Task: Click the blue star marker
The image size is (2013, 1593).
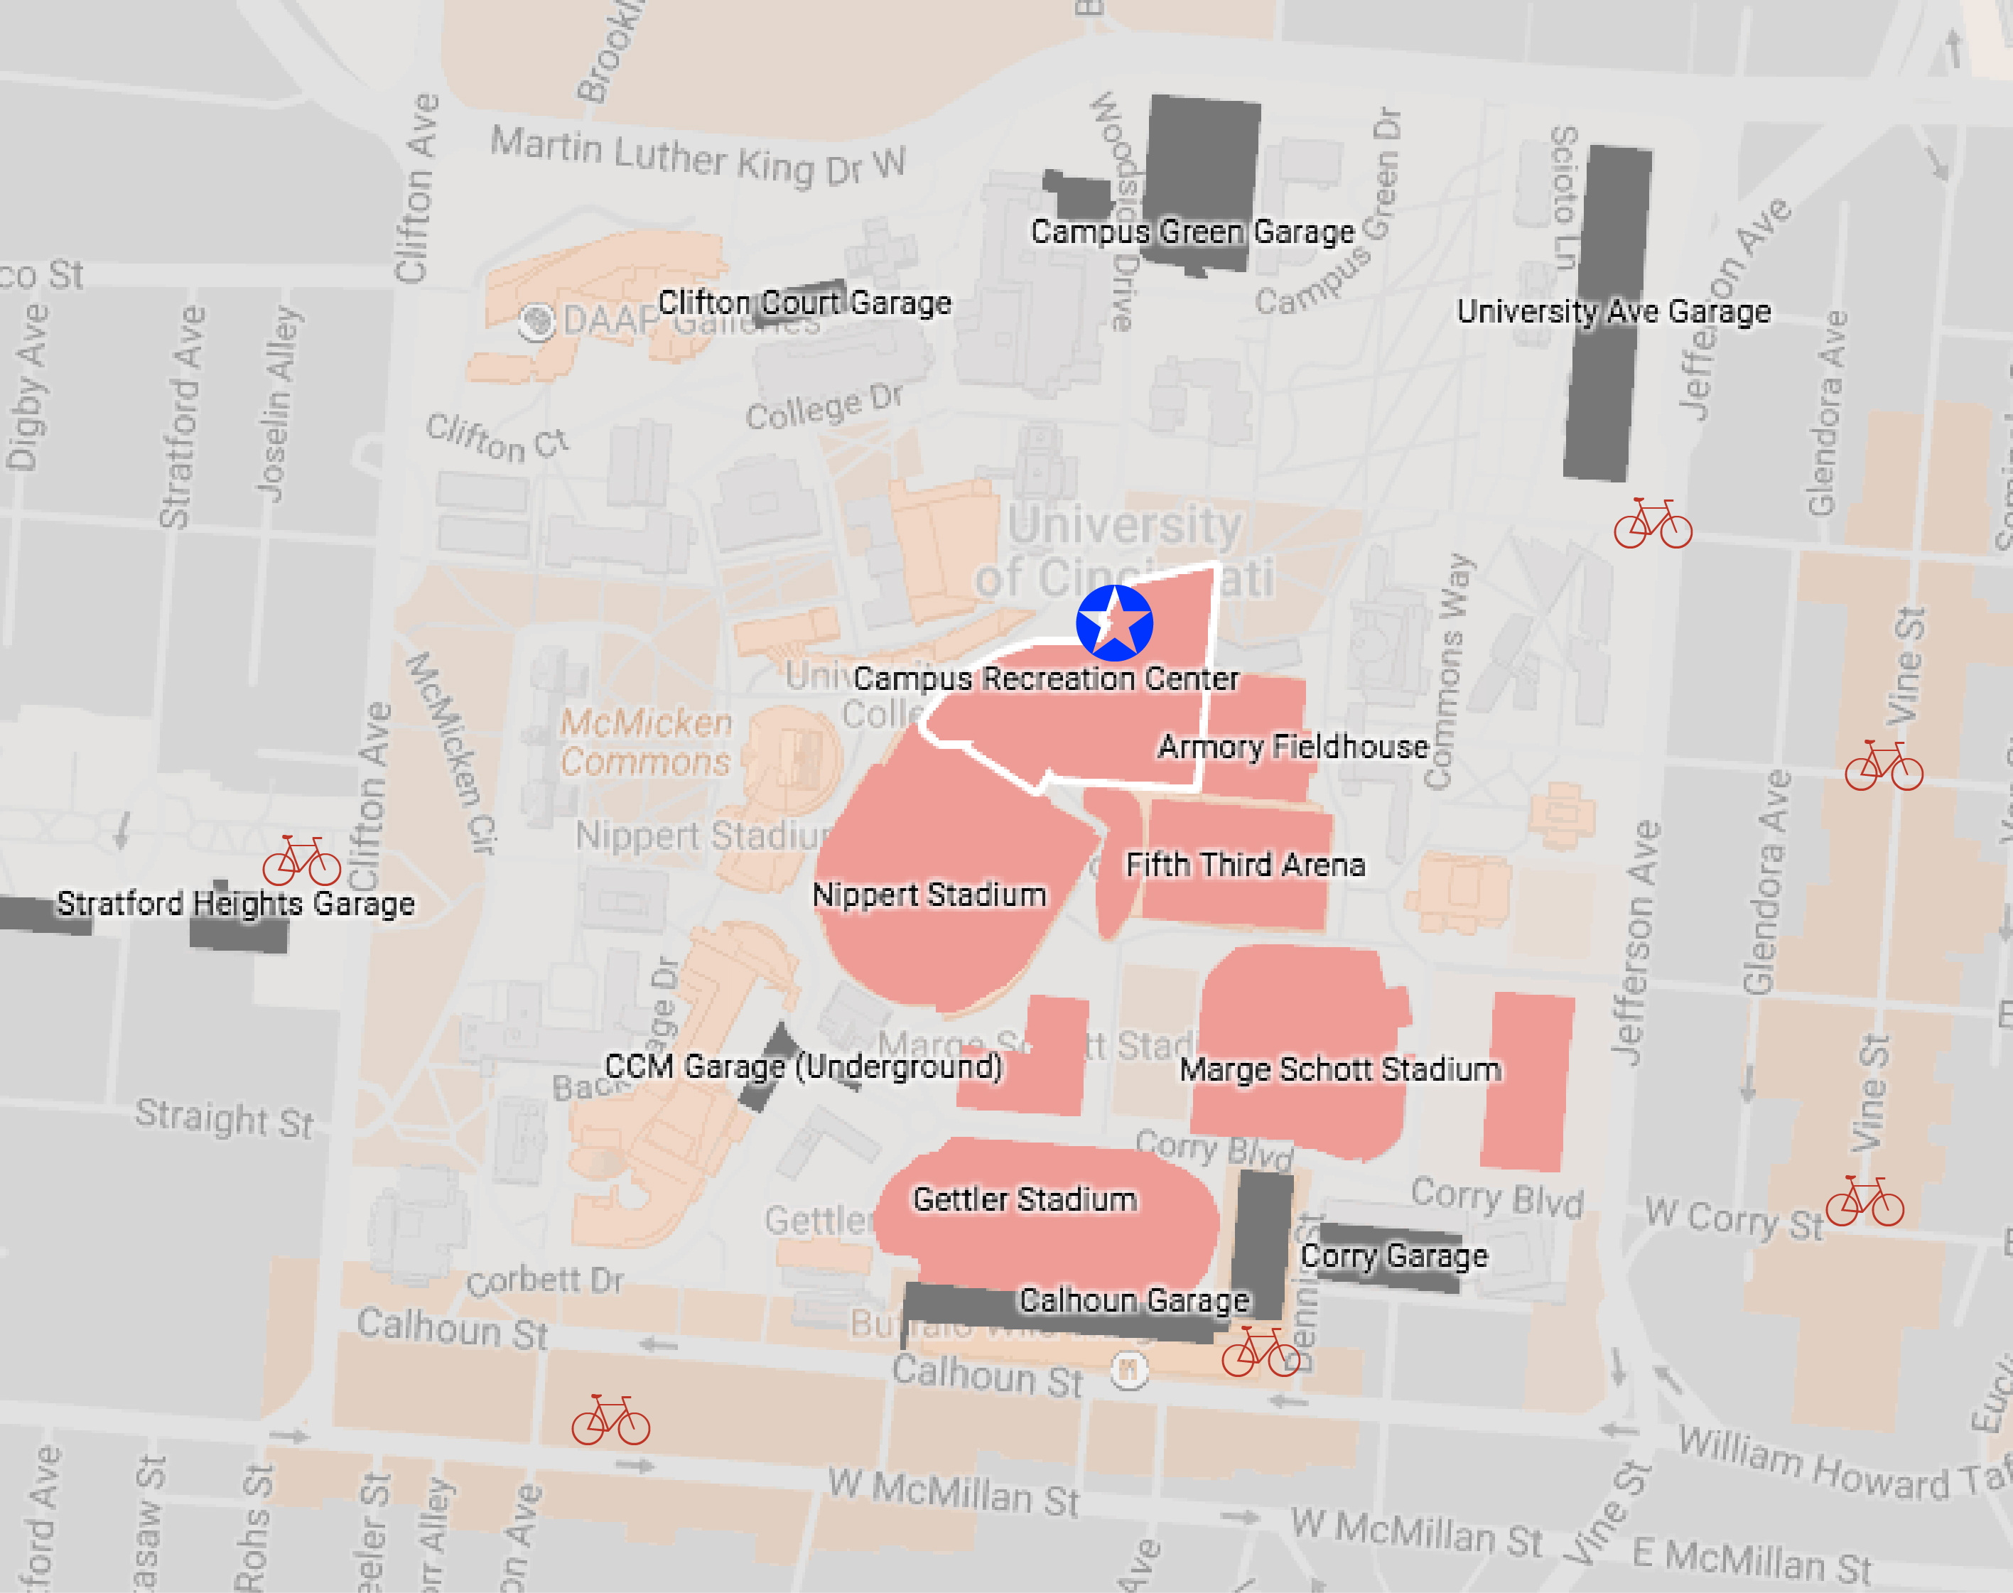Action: (x=1113, y=622)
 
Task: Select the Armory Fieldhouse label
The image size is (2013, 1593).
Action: (x=1293, y=746)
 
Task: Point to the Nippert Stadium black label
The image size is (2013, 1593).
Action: (x=929, y=895)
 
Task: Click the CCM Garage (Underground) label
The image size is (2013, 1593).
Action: (x=803, y=1066)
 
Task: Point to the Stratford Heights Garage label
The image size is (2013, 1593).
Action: (x=235, y=903)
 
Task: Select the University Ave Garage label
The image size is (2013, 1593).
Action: (x=1613, y=310)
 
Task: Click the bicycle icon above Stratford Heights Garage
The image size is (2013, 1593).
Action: (x=301, y=861)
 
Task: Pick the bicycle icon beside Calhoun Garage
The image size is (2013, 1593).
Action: (x=1261, y=1351)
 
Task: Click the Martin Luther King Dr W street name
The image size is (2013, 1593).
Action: (x=697, y=158)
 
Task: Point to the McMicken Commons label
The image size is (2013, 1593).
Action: (x=645, y=742)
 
